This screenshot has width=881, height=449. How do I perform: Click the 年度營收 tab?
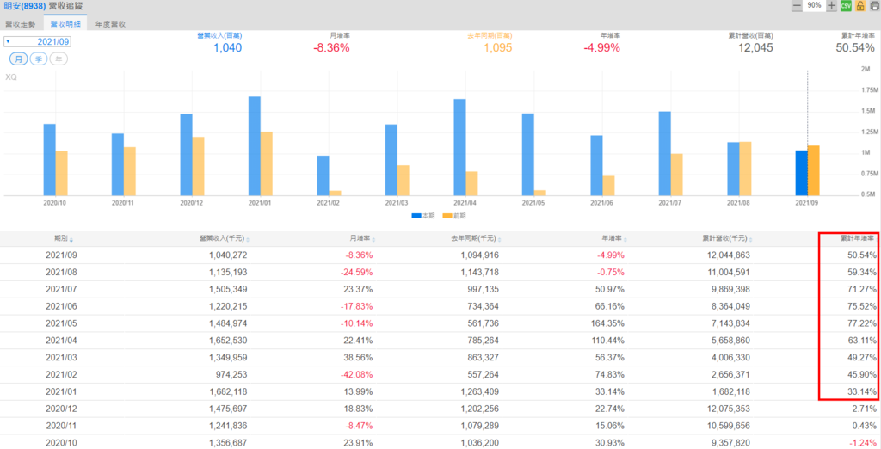tap(111, 25)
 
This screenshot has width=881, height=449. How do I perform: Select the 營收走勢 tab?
tap(22, 25)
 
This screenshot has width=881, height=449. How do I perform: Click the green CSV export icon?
tap(846, 6)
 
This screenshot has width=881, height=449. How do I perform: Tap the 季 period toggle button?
tap(39, 58)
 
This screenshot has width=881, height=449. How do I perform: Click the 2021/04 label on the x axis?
tap(465, 203)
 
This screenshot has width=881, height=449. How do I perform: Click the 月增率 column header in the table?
tap(360, 238)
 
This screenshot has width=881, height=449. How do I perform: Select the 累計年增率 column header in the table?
tap(857, 238)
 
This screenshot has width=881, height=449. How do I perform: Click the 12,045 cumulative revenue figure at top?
tap(755, 48)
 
